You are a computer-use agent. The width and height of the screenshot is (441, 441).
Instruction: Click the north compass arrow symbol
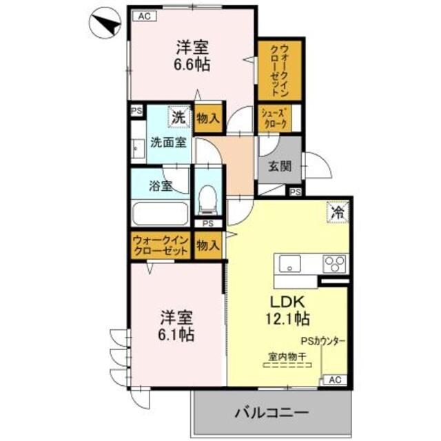pos(105,25)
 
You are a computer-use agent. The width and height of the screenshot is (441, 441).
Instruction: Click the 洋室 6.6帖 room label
pos(192,56)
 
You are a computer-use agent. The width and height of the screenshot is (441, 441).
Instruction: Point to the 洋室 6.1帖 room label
pos(177,327)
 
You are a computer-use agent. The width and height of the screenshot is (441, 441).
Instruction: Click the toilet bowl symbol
pos(205,200)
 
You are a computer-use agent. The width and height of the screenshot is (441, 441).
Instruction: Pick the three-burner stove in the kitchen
pos(334,265)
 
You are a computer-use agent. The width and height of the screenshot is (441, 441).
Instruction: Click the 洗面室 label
pos(168,143)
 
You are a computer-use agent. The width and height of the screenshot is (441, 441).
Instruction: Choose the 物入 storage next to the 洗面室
pos(208,117)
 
